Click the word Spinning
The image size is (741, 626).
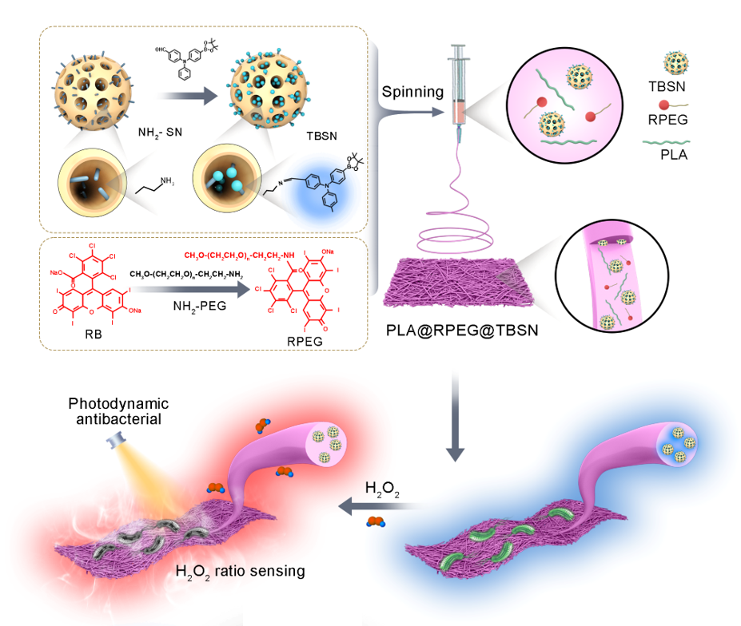point(412,91)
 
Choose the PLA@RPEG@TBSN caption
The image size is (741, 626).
point(464,326)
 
